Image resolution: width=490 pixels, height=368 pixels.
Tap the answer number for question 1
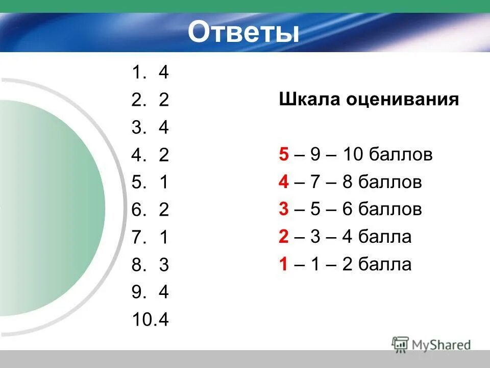tap(163, 73)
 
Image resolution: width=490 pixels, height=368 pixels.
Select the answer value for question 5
tap(163, 183)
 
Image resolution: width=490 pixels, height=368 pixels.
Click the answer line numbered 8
tap(150, 265)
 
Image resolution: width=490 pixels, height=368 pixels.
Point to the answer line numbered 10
tap(150, 320)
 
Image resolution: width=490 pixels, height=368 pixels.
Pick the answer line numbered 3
tap(150, 128)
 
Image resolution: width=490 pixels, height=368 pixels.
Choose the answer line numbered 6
tap(150, 211)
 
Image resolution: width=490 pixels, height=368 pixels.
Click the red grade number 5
tap(284, 154)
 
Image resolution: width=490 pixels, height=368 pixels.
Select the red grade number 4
tap(284, 182)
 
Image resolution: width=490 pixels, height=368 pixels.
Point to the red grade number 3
tap(284, 210)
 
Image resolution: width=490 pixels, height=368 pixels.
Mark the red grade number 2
tap(284, 237)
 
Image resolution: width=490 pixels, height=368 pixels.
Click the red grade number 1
tap(284, 265)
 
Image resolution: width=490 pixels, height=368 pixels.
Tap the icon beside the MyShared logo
tap(401, 344)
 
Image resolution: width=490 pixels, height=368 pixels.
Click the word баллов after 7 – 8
tap(390, 182)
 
